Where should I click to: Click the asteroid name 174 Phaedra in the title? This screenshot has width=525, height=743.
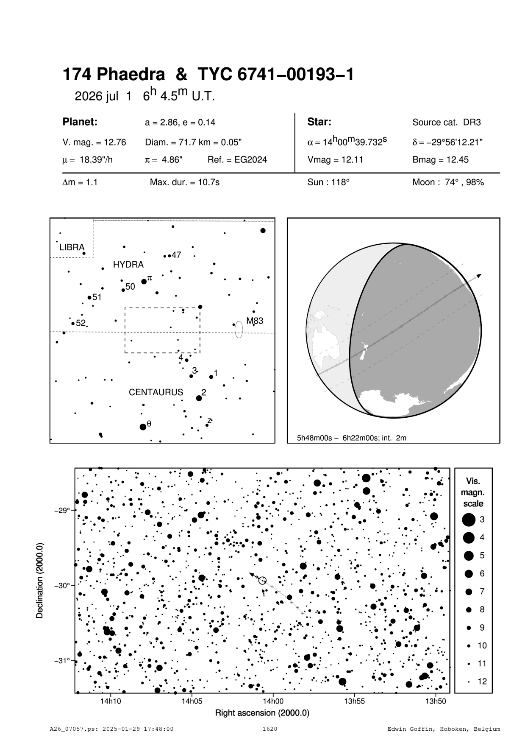point(114,75)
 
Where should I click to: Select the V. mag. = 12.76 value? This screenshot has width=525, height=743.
point(94,142)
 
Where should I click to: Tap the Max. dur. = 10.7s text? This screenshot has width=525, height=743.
point(185,183)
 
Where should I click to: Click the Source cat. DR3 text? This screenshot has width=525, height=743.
point(447,123)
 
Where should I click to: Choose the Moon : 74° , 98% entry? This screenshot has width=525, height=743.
point(448,183)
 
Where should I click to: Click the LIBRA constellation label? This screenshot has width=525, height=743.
point(72,247)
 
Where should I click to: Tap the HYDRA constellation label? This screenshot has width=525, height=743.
point(128,265)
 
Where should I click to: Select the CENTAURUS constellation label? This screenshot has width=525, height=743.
point(156,392)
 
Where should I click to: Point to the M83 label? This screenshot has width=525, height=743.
point(255,321)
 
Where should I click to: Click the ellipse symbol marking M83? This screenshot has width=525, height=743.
point(239,329)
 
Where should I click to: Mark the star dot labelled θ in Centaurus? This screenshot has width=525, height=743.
point(143,427)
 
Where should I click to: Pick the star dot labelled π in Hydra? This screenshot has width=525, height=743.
point(144,282)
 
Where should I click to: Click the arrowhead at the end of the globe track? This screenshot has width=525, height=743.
point(479,276)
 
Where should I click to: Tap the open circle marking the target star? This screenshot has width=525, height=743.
point(262,581)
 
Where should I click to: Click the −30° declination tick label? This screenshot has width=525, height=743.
point(62,586)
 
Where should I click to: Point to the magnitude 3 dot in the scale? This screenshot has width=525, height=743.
point(469,520)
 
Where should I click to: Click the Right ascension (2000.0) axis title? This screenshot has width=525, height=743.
point(262,713)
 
